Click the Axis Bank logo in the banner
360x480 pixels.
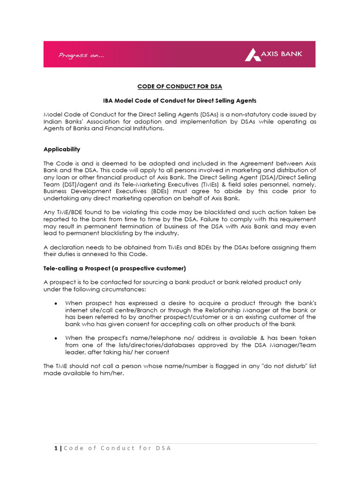pos(273,54)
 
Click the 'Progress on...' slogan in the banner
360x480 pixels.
pos(81,56)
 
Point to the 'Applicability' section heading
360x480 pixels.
pos(62,149)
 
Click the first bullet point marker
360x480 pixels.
pos(56,304)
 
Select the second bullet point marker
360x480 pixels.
pos(56,338)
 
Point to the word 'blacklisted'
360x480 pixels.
pos(233,212)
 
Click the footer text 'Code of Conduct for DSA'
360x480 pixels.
pos(117,448)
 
